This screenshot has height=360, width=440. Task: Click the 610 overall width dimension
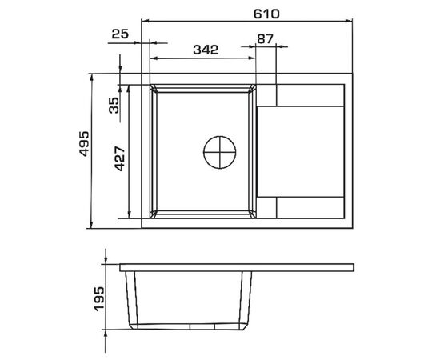[x=266, y=14]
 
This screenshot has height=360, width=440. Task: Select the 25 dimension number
[x=120, y=34]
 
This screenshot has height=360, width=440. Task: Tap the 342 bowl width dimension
[x=206, y=50]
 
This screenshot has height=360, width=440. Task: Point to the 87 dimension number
[x=265, y=39]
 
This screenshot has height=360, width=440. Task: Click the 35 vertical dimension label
[x=114, y=106]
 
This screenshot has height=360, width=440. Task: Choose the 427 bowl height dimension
[x=120, y=158]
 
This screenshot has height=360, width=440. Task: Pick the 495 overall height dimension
[x=84, y=144]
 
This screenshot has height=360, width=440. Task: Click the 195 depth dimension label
[x=99, y=299]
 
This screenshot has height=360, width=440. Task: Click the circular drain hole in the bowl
[x=220, y=152]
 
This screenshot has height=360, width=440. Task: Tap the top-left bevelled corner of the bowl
[x=154, y=88]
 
